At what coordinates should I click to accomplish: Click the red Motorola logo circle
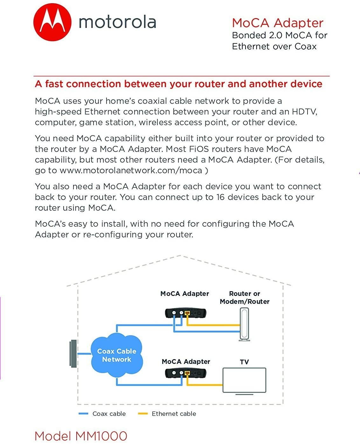[x=52, y=23]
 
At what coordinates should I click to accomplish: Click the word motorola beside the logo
[x=117, y=22]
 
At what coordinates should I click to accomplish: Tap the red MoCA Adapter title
[x=277, y=23]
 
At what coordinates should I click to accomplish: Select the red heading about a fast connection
[x=178, y=84]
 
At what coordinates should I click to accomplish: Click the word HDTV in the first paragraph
[x=304, y=112]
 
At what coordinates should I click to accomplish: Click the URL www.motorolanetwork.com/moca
[x=131, y=171]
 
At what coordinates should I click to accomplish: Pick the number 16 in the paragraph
[x=220, y=197]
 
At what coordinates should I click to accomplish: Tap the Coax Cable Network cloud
[x=116, y=355]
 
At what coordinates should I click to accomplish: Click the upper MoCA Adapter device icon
[x=185, y=313]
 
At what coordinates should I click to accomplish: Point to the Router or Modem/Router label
[x=245, y=298]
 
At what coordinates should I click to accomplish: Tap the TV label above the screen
[x=244, y=362]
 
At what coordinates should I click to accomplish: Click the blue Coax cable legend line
[x=83, y=414]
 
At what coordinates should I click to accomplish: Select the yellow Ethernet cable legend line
[x=143, y=414]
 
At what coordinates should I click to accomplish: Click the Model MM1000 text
[x=81, y=436]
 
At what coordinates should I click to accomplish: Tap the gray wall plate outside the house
[x=74, y=353]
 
